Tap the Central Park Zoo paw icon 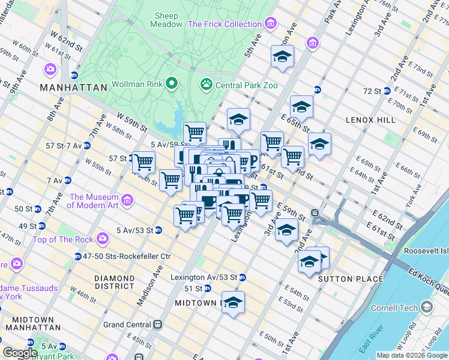pos(206,85)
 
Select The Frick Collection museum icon pos(271,24)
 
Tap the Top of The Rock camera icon pos(103,239)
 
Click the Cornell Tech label pos(402,308)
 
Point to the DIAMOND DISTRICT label pos(115,283)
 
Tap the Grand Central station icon pos(158,325)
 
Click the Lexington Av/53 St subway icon pos(242,277)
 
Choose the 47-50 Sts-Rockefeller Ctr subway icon pos(78,256)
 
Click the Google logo pos(19,353)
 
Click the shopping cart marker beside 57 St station pos(144,161)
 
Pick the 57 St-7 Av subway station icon pos(87,145)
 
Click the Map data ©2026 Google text pos(412,355)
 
